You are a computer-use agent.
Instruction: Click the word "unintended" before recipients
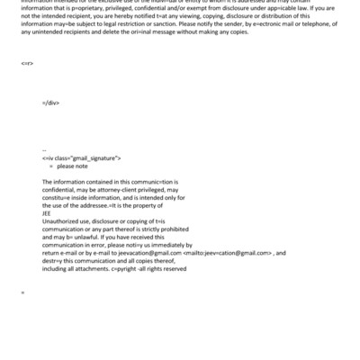pyautogui.click(x=50, y=49)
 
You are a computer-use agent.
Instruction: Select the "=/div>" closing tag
pyautogui.click(x=50, y=127)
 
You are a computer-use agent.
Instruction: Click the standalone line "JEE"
pyautogui.click(x=48, y=212)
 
